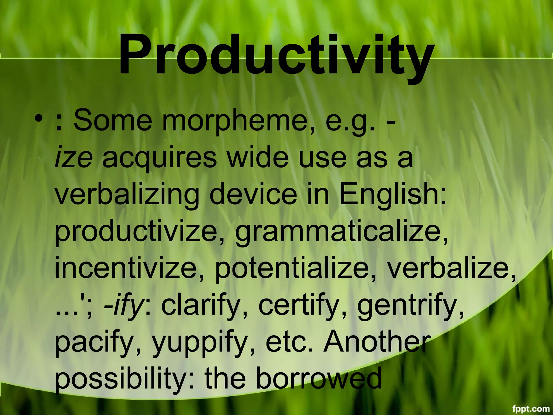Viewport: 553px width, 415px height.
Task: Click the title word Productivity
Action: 276,55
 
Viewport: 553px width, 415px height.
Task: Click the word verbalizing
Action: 127,196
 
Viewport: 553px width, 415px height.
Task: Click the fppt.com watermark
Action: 531,409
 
